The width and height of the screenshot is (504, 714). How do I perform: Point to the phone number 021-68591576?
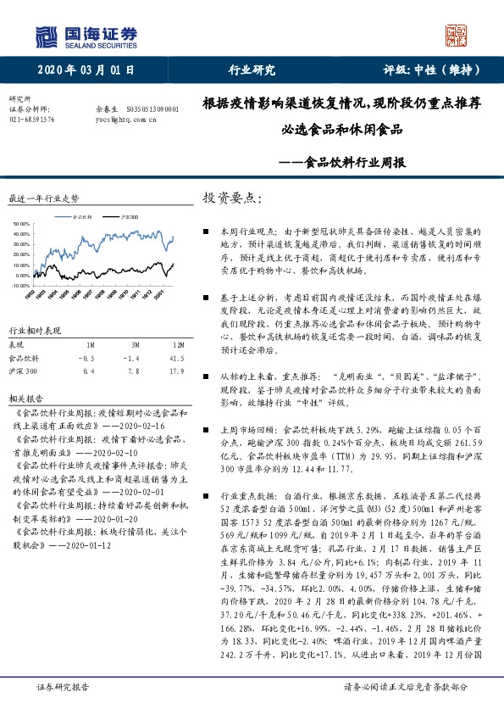coord(32,120)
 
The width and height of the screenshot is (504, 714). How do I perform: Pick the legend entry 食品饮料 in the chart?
coord(84,217)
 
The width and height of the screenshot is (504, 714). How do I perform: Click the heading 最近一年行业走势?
coord(43,198)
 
